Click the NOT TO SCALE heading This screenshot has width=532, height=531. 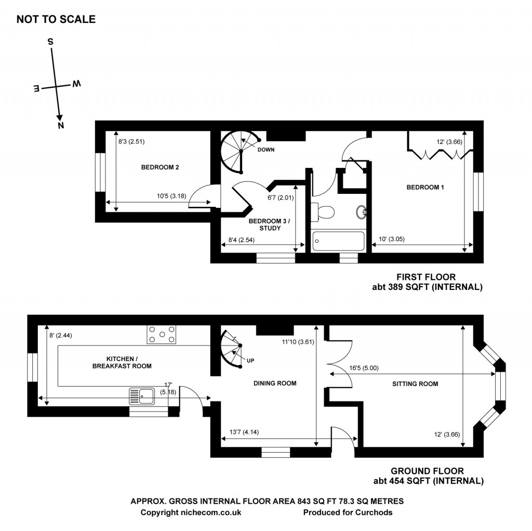tap(56, 19)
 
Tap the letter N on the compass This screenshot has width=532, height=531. tap(61, 125)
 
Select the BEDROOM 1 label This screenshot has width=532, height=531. tap(424, 188)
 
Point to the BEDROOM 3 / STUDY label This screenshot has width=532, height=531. tap(269, 224)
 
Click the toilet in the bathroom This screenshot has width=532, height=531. tap(324, 211)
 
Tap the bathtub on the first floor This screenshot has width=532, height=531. tap(339, 241)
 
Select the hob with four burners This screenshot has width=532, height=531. tap(162, 334)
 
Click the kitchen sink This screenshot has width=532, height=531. tap(142, 396)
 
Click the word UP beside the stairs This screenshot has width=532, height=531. tap(250, 360)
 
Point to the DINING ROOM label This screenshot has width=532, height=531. tap(275, 383)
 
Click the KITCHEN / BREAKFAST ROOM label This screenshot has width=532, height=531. tap(129, 363)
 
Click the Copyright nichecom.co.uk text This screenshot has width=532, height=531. tap(191, 512)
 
